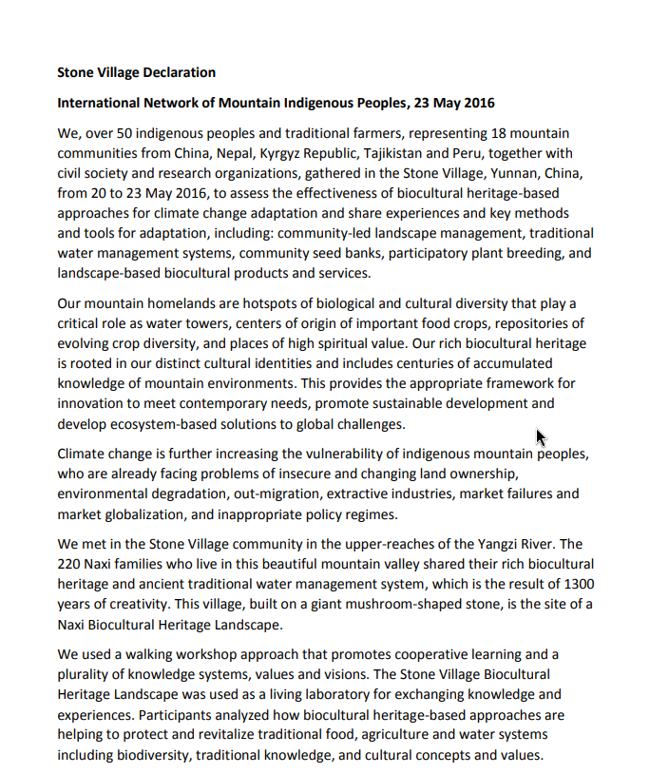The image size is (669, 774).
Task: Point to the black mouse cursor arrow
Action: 540,437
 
